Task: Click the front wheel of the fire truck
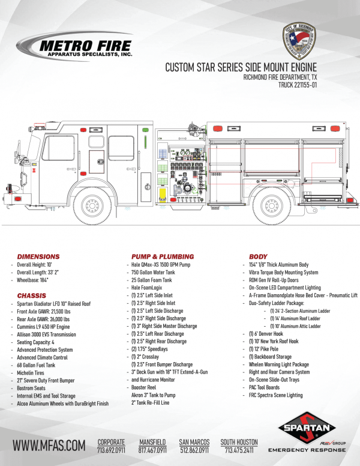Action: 92,205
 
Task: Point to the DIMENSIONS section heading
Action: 38,256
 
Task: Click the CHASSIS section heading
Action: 32,295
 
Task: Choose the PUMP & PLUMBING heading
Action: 163,256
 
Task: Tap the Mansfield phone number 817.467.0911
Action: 154,449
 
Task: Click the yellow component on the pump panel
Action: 162,193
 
